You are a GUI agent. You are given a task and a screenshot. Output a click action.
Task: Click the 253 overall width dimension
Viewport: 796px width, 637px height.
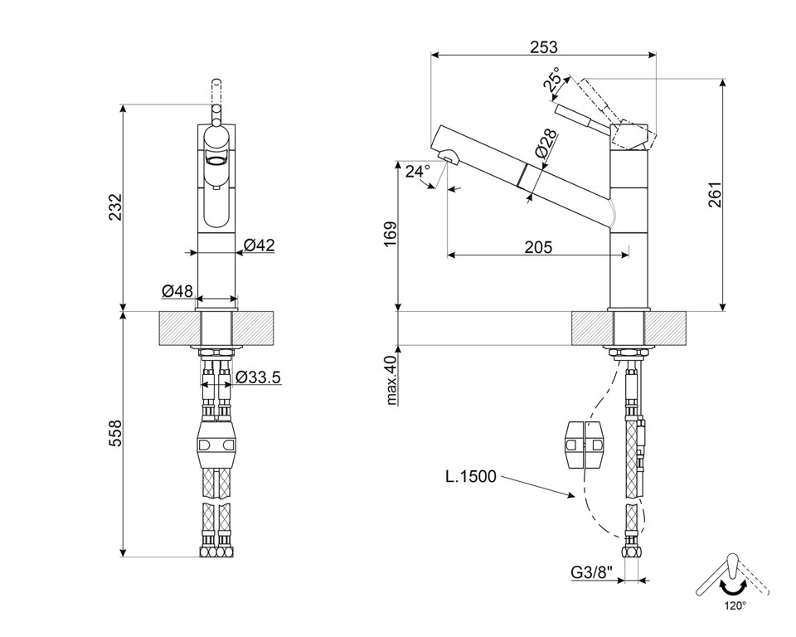pyautogui.click(x=543, y=47)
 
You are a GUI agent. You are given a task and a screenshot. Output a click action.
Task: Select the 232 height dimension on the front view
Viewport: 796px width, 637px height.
pyautogui.click(x=116, y=207)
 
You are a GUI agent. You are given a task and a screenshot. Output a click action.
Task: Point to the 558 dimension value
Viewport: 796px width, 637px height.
pyautogui.click(x=116, y=433)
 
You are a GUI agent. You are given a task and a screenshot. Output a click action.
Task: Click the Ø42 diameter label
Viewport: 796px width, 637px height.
pyautogui.click(x=259, y=246)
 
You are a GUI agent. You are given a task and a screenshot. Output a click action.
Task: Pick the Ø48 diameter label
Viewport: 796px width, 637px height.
pyautogui.click(x=177, y=291)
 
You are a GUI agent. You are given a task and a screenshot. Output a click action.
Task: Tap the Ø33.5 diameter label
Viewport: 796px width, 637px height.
pyautogui.click(x=259, y=377)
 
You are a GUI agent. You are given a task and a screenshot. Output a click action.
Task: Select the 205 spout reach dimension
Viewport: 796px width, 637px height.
pyautogui.click(x=538, y=247)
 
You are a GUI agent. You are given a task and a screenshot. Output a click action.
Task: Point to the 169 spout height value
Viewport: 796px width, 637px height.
pyautogui.click(x=391, y=234)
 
